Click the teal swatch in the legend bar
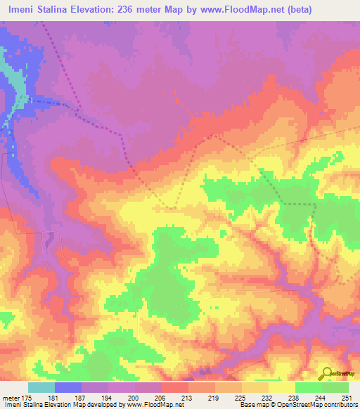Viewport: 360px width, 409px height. pos(41,387)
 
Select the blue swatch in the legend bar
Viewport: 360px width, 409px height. pos(68,387)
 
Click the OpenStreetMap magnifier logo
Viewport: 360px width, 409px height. pos(328,373)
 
